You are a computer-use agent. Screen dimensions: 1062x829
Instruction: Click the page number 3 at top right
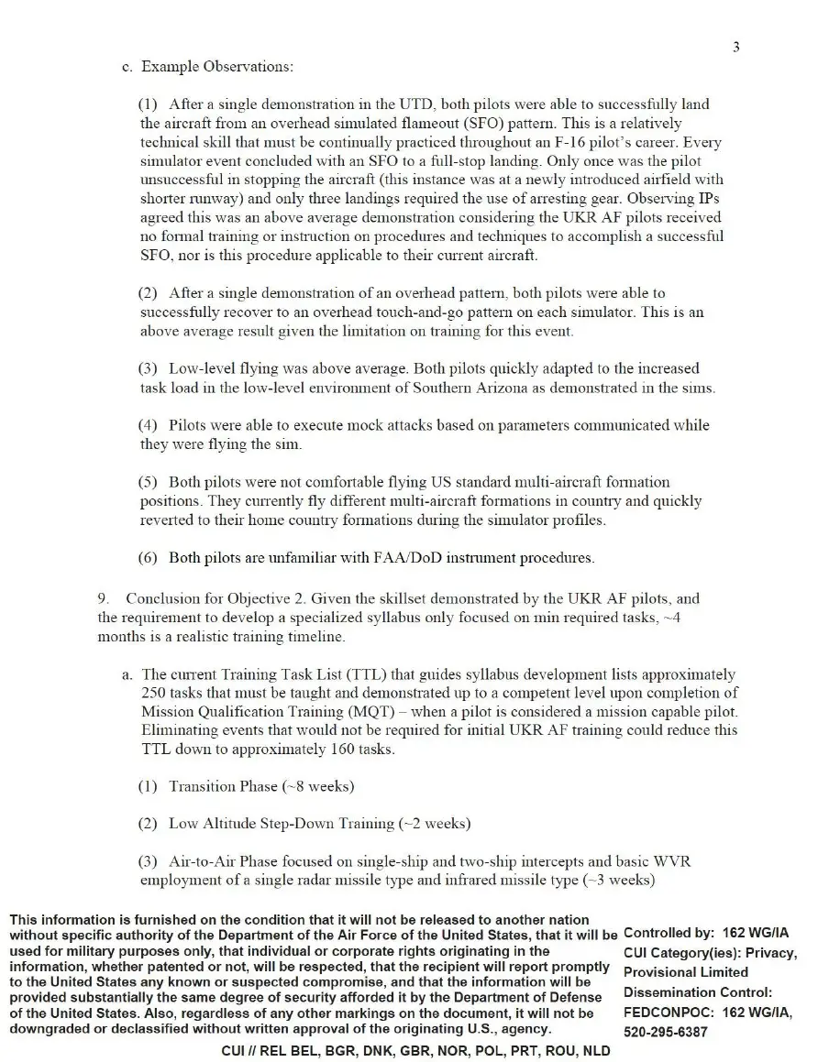coord(736,47)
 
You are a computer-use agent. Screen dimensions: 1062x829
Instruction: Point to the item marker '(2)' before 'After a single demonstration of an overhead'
coord(149,293)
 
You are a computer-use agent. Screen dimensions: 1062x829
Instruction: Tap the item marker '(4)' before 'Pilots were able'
coord(149,425)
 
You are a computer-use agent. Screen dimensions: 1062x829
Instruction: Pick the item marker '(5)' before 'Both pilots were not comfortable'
coord(149,482)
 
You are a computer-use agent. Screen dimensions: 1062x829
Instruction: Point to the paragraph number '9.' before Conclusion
coord(105,599)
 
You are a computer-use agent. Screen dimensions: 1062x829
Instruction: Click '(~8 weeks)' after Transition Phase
coord(317,786)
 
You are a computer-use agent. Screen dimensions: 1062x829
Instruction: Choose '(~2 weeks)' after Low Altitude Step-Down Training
coord(435,824)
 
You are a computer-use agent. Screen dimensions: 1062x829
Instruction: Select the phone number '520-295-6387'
coord(666,1032)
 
